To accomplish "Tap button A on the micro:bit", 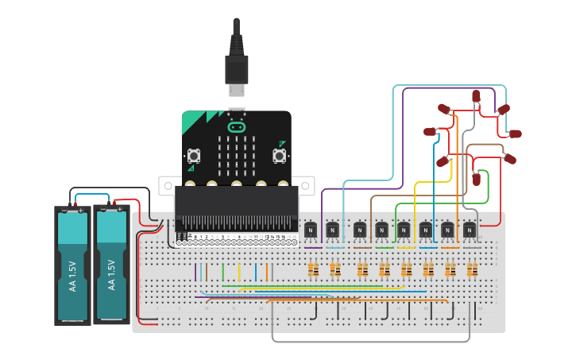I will pyautogui.click(x=193, y=156).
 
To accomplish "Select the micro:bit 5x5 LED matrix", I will pyautogui.click(x=236, y=156).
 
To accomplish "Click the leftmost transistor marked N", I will pyautogui.click(x=311, y=230).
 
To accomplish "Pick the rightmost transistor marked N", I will pyautogui.click(x=469, y=230).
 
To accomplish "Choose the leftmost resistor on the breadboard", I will pyautogui.click(x=312, y=271).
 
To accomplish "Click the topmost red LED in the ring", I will pyautogui.click(x=476, y=96).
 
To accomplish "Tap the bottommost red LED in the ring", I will pyautogui.click(x=477, y=179).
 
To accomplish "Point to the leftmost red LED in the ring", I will pyautogui.click(x=430, y=132).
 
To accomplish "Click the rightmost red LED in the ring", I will pyautogui.click(x=515, y=134).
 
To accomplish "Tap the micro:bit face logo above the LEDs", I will pyautogui.click(x=236, y=126).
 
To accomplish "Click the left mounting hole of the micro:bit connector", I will pyautogui.click(x=167, y=186).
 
